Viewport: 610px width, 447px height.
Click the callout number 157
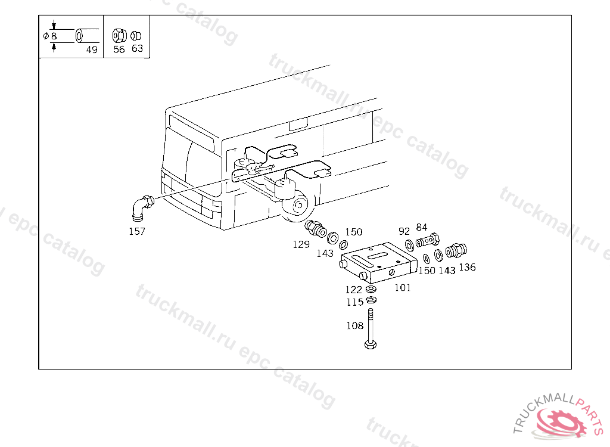(137, 231)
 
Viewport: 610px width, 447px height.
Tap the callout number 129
(301, 244)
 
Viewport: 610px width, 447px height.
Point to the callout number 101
(403, 287)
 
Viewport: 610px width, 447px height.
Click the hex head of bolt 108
(371, 344)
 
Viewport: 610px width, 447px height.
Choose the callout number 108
(355, 325)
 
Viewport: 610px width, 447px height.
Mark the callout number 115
(355, 302)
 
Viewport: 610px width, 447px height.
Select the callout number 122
(354, 290)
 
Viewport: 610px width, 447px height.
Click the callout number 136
(467, 267)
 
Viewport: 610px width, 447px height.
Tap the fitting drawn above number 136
(456, 250)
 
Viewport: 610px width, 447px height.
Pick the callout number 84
(422, 227)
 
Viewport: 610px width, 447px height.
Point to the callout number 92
(404, 231)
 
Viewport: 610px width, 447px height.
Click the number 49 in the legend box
(92, 49)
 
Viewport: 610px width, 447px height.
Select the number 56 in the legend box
(119, 49)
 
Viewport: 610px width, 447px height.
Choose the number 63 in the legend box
(138, 48)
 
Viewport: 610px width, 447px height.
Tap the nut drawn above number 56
(119, 36)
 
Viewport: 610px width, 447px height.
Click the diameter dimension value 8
(54, 36)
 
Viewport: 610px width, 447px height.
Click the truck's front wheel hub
(299, 205)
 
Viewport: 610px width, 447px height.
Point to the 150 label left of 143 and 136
(427, 270)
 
